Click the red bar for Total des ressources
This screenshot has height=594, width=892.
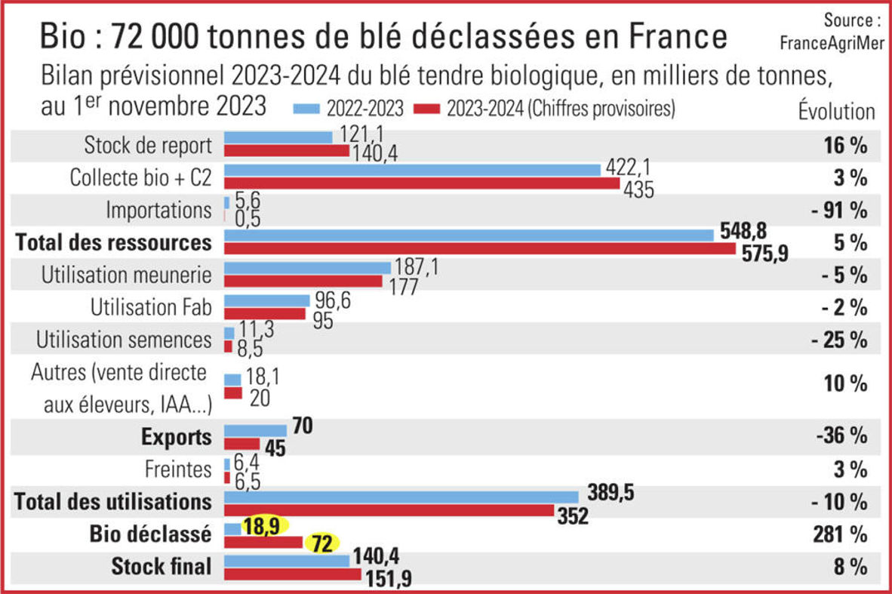(x=479, y=248)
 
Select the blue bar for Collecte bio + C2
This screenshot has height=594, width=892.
(x=413, y=170)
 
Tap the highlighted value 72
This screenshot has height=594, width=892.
(x=322, y=543)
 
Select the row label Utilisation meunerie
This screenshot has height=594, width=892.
(x=127, y=275)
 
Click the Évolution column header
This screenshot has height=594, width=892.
(x=836, y=112)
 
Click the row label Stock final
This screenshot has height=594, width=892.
(x=161, y=566)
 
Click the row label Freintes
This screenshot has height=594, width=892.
(x=178, y=469)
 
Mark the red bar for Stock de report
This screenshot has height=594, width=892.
(x=287, y=150)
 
